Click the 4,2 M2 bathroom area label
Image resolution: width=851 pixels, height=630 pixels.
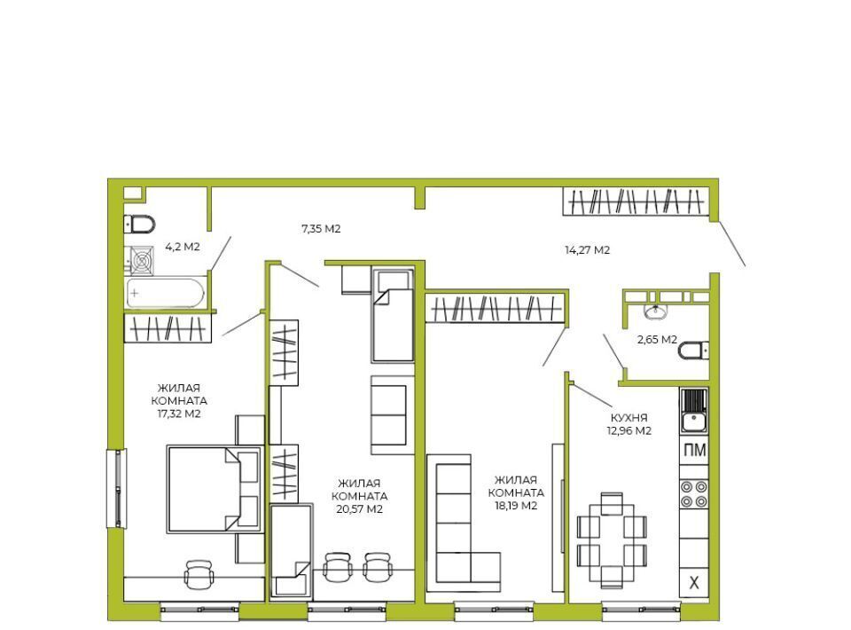click(183, 247)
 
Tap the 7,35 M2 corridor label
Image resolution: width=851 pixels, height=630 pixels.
click(321, 229)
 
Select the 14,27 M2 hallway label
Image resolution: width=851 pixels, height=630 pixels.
click(587, 250)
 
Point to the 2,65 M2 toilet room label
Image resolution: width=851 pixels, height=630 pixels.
click(657, 340)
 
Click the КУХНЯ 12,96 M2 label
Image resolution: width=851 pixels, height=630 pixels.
click(629, 424)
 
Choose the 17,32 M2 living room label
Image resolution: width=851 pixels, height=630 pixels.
click(179, 401)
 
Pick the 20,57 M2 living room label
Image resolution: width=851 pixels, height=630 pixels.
click(359, 496)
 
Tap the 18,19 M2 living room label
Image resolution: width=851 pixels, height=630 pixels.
click(516, 492)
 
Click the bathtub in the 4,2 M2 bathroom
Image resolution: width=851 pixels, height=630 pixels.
click(166, 294)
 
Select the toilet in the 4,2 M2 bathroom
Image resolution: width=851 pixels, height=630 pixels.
click(139, 224)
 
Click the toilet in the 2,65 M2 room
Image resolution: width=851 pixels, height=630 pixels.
click(693, 350)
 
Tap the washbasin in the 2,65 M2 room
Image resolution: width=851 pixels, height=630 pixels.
click(655, 311)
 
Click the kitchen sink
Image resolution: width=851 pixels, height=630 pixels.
click(693, 410)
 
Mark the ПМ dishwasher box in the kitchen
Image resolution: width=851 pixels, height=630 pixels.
click(694, 450)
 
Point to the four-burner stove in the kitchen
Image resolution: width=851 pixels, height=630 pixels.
click(694, 493)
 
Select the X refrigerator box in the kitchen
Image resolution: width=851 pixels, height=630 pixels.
click(694, 583)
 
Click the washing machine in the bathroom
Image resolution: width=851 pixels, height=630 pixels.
click(142, 261)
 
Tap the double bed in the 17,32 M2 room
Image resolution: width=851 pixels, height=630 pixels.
click(214, 489)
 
